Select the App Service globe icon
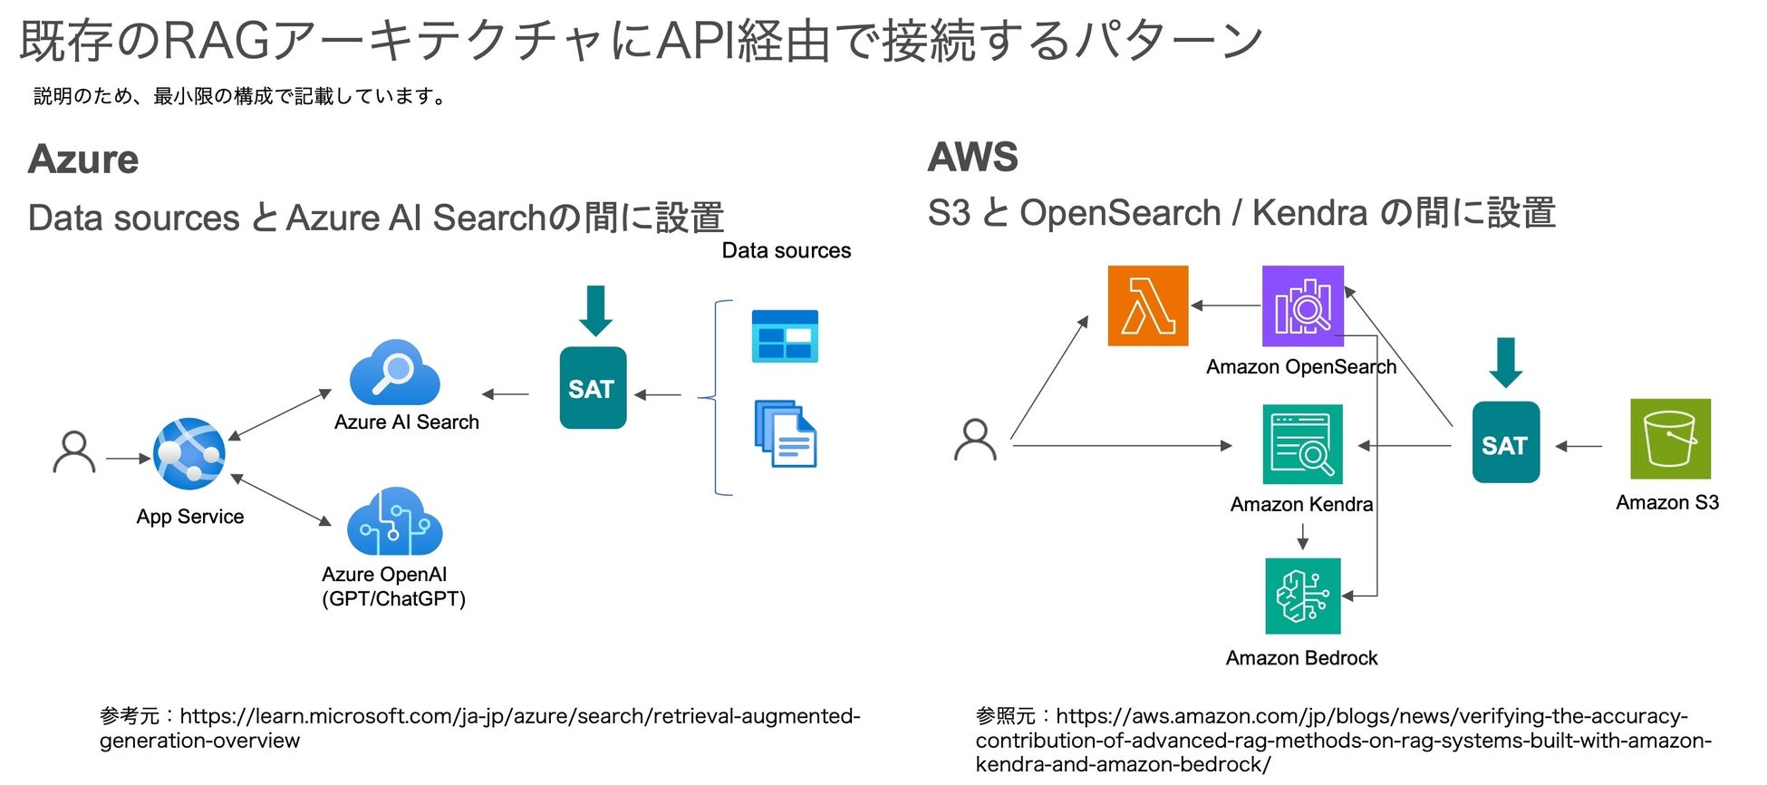[188, 453]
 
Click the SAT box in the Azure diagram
[593, 388]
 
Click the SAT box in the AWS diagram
[1505, 442]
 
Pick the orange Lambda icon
[1147, 305]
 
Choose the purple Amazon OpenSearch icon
[1302, 305]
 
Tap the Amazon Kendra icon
[1302, 444]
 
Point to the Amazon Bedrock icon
[1302, 596]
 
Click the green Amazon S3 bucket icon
[1670, 439]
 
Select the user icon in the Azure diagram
[74, 452]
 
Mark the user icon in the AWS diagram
[975, 440]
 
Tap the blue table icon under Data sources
[785, 335]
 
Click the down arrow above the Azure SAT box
[595, 311]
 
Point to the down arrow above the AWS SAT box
[1506, 363]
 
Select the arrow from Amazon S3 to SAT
[1579, 446]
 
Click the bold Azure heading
[83, 160]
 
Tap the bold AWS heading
[973, 157]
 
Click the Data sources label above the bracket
[786, 251]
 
